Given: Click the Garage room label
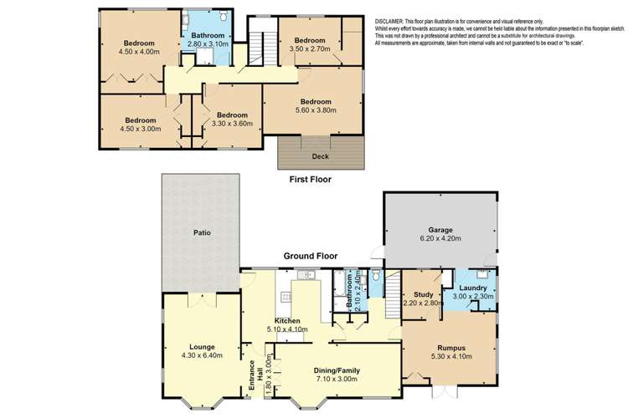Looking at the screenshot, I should click(440, 230).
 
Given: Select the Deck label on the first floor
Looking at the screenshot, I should click(320, 155).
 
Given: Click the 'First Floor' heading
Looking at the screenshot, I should click(311, 179).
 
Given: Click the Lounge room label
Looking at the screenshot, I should click(202, 346).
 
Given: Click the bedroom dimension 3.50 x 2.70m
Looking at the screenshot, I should click(309, 49).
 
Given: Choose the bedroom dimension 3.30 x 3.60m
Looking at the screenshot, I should click(231, 124).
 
